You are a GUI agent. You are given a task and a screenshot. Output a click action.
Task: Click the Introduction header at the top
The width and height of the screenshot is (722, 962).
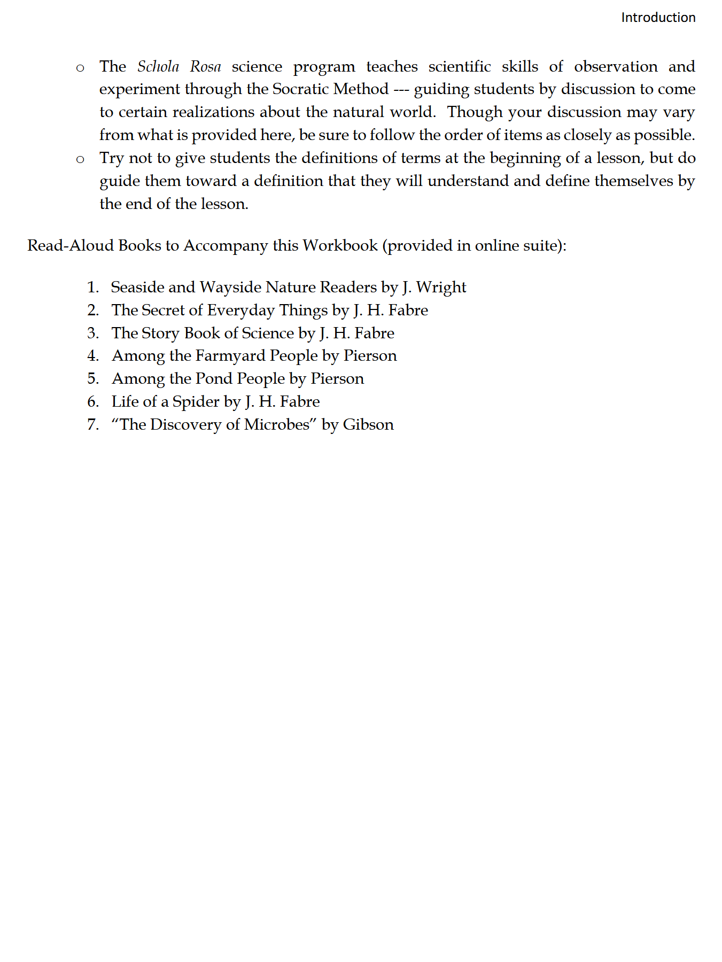[658, 18]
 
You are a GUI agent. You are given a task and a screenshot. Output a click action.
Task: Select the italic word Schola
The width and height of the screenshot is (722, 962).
[158, 66]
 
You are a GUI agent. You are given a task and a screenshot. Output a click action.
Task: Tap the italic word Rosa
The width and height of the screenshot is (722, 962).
[205, 66]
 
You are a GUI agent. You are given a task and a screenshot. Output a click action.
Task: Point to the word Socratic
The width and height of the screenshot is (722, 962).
[300, 89]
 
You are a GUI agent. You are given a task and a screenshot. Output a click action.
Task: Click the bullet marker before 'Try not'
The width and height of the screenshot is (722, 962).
[80, 159]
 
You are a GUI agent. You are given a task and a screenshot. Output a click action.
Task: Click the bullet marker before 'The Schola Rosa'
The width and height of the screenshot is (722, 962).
[80, 68]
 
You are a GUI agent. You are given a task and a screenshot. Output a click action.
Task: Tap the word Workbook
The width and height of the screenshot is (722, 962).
[340, 245]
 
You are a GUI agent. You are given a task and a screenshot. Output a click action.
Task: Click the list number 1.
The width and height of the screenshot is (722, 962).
[93, 288]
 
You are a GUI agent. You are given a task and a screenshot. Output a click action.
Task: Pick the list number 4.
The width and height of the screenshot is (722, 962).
[93, 356]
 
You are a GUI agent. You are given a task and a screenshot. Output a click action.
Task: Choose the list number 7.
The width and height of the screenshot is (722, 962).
[93, 425]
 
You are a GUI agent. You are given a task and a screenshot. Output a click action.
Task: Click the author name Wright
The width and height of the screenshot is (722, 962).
[441, 288]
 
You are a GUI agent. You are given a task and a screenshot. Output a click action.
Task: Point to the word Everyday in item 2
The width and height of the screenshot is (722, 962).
[240, 311]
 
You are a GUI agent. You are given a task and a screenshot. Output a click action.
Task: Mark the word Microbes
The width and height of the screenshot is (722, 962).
[277, 425]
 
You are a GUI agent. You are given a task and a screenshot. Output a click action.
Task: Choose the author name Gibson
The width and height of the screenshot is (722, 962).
[368, 425]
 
